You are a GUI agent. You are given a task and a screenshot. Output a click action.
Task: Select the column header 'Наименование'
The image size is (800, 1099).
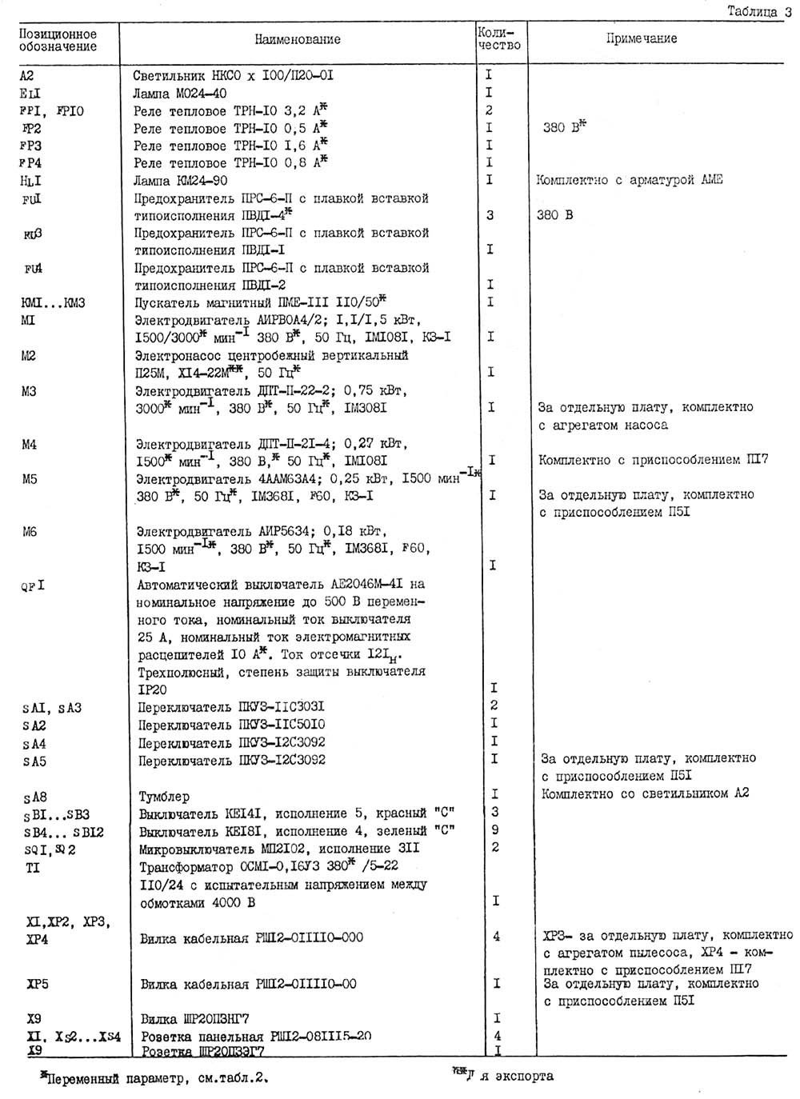(298, 39)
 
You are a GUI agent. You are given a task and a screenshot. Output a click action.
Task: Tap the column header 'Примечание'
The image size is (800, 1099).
(641, 38)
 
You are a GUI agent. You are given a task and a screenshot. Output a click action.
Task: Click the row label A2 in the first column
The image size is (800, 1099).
(26, 76)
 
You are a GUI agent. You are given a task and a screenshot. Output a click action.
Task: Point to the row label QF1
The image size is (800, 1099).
(33, 585)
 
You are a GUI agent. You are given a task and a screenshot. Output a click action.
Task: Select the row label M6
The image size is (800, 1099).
(30, 531)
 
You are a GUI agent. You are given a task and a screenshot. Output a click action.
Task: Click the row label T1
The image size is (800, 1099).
(32, 868)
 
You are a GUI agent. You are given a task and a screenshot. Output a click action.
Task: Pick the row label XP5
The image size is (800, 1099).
(38, 984)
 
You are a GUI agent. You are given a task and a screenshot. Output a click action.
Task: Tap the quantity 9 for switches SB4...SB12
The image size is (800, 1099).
(494, 830)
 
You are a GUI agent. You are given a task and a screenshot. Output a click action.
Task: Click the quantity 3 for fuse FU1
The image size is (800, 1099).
(490, 215)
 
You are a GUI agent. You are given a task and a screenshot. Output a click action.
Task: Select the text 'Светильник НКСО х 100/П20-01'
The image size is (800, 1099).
(234, 76)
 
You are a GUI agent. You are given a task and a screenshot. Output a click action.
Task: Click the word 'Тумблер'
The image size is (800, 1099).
(165, 797)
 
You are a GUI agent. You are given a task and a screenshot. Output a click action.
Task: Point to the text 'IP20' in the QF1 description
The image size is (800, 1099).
(152, 689)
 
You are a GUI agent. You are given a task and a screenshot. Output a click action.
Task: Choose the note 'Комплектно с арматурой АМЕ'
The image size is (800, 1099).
(629, 180)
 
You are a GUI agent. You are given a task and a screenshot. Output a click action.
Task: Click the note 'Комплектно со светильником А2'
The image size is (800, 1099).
(645, 793)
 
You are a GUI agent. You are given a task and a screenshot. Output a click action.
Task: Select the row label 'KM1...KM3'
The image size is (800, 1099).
(53, 303)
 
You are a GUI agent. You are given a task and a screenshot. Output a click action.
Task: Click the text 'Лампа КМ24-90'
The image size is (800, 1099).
(181, 181)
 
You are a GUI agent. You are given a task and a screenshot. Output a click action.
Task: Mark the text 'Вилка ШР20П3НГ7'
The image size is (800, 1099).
(194, 1019)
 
